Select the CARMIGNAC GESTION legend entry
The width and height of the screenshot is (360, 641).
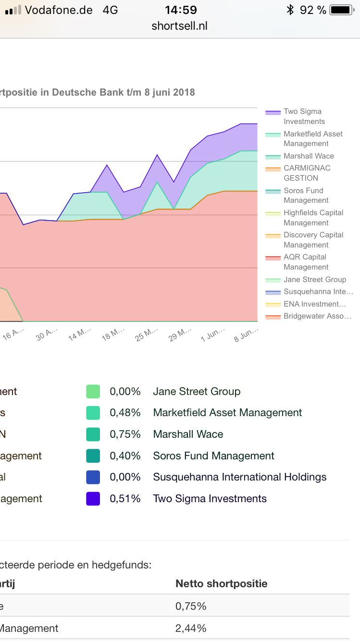(307, 173)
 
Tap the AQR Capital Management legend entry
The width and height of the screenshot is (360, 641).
(305, 262)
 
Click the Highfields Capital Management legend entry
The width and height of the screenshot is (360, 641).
(313, 218)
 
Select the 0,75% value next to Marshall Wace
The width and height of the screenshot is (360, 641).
(125, 434)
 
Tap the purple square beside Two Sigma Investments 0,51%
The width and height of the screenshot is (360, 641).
(93, 499)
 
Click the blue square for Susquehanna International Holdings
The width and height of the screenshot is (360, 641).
(93, 477)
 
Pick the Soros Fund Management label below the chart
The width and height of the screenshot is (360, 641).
(213, 456)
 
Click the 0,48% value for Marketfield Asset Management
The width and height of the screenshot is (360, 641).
(125, 413)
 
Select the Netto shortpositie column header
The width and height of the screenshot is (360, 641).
(221, 584)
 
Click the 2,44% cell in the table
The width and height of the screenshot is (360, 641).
(191, 628)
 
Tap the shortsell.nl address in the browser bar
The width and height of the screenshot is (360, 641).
(179, 26)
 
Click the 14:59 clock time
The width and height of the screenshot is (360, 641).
(181, 10)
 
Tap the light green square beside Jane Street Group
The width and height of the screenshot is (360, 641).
(93, 392)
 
